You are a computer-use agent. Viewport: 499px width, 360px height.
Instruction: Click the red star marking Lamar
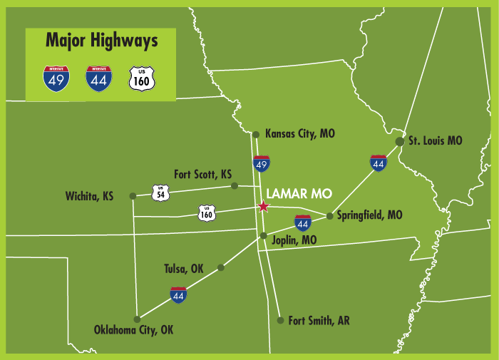click(263, 207)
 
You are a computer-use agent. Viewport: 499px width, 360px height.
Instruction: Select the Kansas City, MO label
click(299, 133)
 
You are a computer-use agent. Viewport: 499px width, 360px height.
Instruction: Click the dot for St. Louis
click(400, 141)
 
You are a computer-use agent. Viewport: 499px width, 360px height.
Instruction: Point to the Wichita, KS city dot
click(132, 195)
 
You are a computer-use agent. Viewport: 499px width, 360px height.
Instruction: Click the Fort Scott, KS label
click(203, 174)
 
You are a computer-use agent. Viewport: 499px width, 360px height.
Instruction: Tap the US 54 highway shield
click(160, 191)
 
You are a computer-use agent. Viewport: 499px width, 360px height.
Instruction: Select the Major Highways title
click(101, 41)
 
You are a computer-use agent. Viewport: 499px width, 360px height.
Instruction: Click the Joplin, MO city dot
click(263, 235)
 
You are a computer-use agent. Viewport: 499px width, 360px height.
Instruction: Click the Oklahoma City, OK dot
click(137, 319)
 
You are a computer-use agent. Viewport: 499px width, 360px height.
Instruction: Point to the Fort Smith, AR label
click(319, 321)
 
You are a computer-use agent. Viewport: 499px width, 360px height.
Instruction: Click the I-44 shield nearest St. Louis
click(379, 163)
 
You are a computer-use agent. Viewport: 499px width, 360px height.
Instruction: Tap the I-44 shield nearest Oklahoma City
click(179, 294)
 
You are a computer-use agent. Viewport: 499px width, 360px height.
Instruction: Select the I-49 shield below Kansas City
click(262, 164)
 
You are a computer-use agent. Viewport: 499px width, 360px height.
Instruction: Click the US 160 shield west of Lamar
click(207, 212)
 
